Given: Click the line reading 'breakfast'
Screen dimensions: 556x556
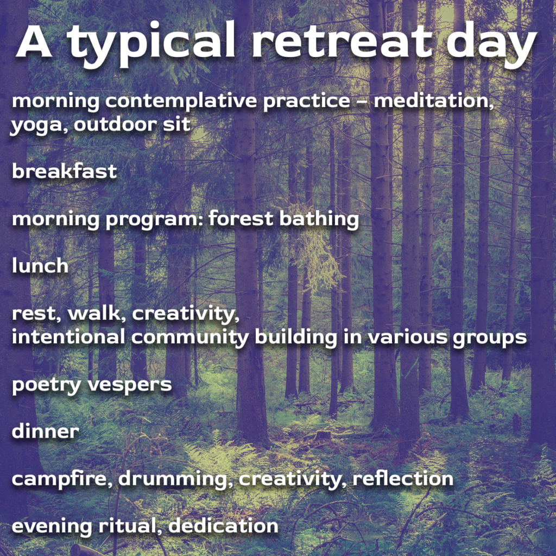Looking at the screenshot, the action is point(64,171).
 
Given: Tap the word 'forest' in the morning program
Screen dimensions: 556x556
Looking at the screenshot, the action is point(241,218).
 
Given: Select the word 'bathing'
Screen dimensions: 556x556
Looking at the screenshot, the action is point(319,219).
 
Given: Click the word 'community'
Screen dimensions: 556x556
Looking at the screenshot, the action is point(189,338).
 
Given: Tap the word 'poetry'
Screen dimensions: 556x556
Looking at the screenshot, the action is point(47,386).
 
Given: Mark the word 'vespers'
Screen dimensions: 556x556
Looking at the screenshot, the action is point(129,386).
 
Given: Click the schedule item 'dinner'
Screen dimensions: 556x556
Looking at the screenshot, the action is point(45,431).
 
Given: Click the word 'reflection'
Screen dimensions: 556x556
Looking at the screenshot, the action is point(403,478).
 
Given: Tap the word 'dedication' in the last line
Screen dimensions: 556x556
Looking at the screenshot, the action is point(223,526).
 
